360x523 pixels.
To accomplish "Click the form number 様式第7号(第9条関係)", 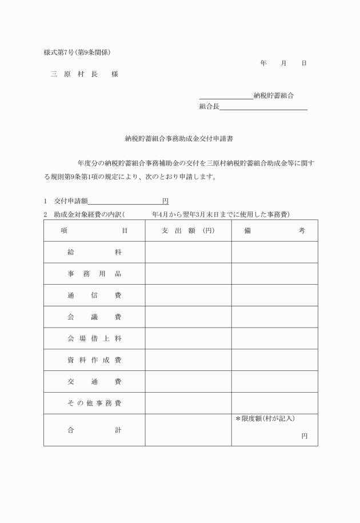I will [77, 53].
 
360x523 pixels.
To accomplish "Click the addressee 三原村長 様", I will [84, 74].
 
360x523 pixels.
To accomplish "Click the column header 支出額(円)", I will [187, 230].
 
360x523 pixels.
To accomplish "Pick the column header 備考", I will [274, 230].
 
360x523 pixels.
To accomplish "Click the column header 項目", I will [94, 230].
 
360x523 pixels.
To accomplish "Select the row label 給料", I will [94, 252].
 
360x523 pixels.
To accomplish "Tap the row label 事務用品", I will [94, 274].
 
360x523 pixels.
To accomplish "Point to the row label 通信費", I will [94, 296].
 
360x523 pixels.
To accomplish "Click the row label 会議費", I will [94, 317].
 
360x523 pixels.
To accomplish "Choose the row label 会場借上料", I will [94, 338].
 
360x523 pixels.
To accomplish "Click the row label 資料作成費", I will [94, 360].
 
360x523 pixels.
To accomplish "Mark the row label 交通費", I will [94, 382].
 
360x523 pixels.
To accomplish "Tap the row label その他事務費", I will [94, 404].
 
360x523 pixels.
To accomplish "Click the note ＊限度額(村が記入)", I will [265, 419].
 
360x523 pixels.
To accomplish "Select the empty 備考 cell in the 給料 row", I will [274, 252].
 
